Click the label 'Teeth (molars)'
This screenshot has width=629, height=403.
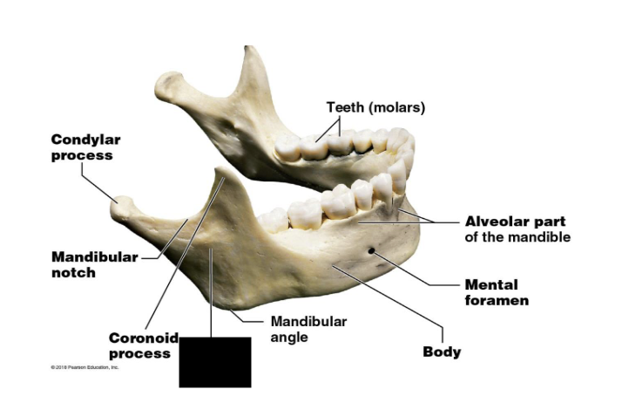click(375, 107)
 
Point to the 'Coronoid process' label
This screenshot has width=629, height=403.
click(144, 345)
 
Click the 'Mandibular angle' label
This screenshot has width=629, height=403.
click(308, 329)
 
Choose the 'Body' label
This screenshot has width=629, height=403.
click(442, 352)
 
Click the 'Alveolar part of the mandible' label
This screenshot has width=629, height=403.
click(517, 229)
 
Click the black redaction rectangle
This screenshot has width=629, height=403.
click(214, 361)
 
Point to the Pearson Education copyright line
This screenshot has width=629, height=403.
click(85, 367)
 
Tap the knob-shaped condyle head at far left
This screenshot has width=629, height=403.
click(123, 206)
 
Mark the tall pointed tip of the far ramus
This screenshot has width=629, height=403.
click(251, 52)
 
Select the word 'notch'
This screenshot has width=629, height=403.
click(73, 272)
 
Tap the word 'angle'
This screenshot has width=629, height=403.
click(289, 337)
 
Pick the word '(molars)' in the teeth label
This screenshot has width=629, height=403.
click(397, 107)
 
